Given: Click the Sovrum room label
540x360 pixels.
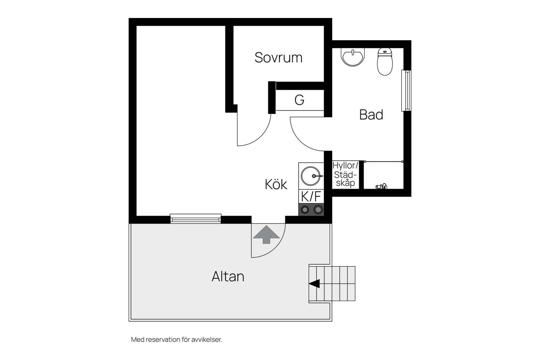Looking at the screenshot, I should (279, 58).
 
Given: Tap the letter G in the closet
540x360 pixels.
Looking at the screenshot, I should (299, 100).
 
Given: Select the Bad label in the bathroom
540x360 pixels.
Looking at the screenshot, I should (371, 115).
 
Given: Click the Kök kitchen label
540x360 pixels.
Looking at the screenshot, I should (276, 185).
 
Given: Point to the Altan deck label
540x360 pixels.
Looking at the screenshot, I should (228, 277).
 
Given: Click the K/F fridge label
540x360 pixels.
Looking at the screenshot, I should (311, 197).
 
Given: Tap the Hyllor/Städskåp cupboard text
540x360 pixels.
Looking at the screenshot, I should (345, 174).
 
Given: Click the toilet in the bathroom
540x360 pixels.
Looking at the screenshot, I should (385, 62).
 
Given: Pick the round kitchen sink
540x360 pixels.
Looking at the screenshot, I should (311, 176).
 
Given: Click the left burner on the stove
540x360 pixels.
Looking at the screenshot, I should (305, 209).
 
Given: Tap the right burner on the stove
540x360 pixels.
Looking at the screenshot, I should (318, 209).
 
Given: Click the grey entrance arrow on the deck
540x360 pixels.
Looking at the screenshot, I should (266, 234).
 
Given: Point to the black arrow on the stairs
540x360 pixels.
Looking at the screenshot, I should (315, 284).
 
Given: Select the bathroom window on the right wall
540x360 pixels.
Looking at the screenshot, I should (406, 91).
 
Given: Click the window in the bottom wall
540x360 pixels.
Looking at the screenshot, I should (196, 218).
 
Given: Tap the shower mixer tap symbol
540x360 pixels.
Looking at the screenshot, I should (381, 187).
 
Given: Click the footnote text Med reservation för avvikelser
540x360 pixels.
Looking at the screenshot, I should (176, 340).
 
